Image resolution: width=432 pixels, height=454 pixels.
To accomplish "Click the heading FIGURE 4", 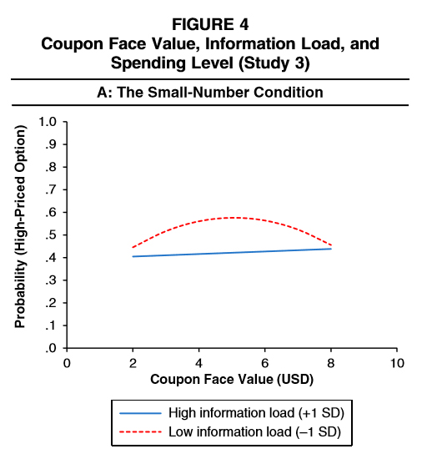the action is [210, 24].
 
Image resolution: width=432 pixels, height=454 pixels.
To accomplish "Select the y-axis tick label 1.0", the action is [48, 122].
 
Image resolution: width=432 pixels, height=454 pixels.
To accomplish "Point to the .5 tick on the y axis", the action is [51, 235].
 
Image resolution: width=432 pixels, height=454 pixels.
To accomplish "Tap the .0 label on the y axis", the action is [51, 348].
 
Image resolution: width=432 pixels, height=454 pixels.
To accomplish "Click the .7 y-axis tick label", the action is [51, 190].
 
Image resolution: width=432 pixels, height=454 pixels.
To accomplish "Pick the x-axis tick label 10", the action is [397, 363].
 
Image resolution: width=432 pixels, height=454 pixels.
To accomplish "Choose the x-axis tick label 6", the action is [264, 363].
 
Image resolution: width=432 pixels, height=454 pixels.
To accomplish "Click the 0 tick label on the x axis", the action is [67, 363].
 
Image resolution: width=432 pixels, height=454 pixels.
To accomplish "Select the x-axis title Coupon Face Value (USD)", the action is [232, 379].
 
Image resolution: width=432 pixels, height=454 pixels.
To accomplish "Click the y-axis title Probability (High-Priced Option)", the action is [20, 227].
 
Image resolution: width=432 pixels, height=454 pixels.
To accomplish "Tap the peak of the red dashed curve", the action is [236, 218].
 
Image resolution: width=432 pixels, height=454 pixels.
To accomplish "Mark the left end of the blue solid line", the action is [133, 256].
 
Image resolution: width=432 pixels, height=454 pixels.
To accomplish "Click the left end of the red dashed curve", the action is [133, 247].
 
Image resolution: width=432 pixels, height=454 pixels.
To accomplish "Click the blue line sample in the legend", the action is [141, 413].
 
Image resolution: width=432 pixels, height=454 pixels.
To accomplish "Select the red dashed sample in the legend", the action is [141, 432].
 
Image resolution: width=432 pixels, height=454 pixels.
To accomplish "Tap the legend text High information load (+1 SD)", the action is [256, 413].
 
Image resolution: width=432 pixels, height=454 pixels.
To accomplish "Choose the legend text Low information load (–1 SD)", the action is [254, 432].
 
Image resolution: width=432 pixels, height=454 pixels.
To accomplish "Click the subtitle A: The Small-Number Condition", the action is [210, 93].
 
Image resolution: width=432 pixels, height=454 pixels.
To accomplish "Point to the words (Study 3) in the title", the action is [274, 63].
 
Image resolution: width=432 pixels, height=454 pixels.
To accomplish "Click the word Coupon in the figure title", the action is [72, 44].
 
